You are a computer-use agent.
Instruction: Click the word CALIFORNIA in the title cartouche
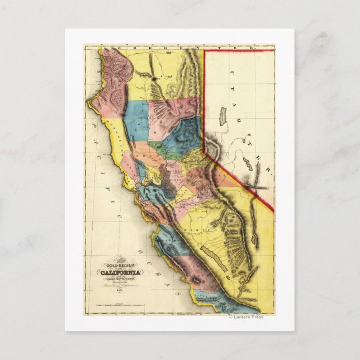[x=121, y=272]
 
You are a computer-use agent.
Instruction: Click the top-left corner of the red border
[x=204, y=51]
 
